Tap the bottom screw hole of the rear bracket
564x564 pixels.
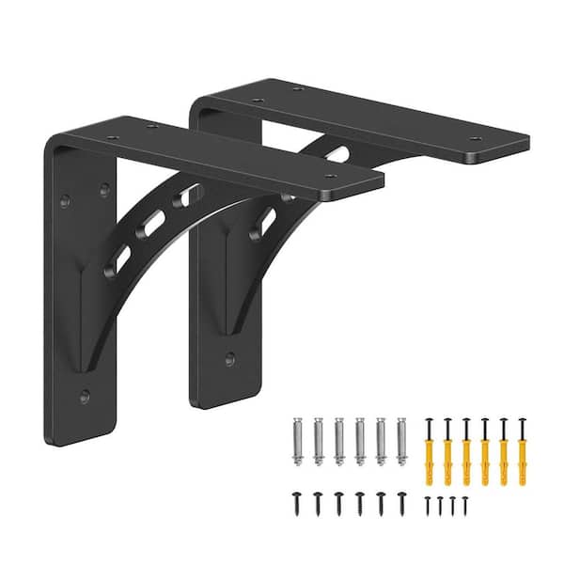point(230,357)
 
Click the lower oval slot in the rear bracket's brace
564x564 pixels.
point(265,222)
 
